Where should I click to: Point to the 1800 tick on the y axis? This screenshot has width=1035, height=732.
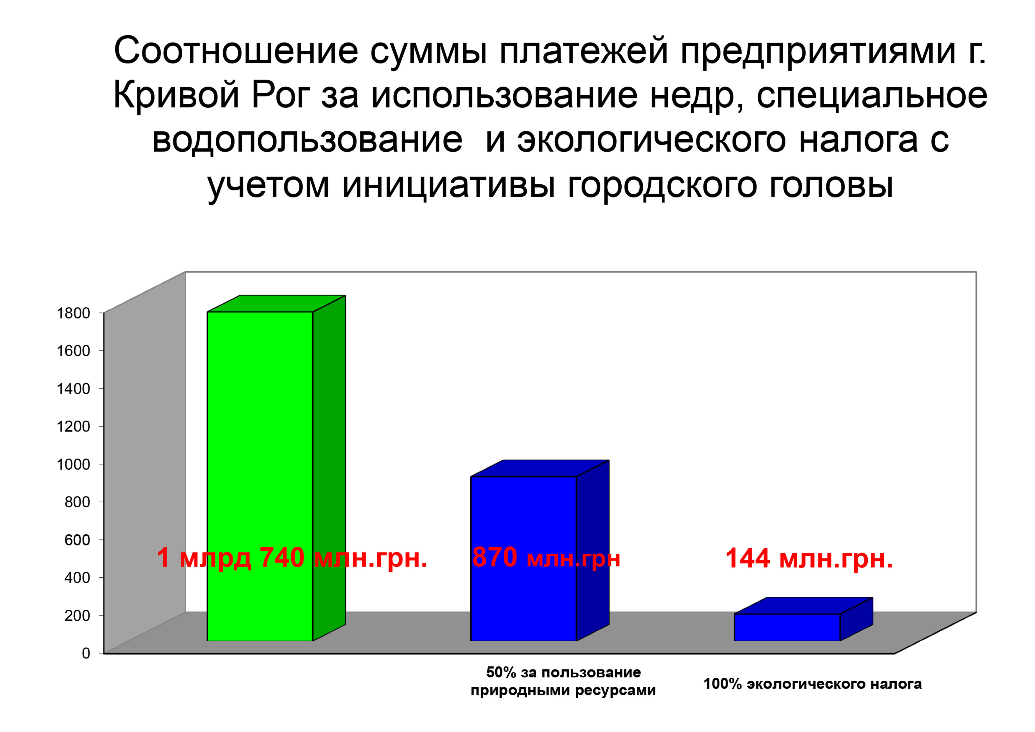point(73,313)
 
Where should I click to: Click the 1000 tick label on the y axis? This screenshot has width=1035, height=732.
point(73,464)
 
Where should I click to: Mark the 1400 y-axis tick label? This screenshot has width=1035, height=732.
point(73,388)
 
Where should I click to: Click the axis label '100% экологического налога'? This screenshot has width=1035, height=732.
point(812,684)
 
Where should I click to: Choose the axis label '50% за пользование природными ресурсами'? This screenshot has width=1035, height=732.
point(563,682)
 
